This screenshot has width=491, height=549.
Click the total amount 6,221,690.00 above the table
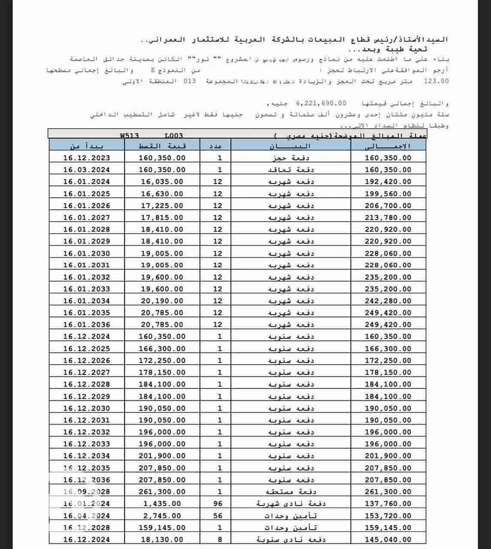pyautogui.click(x=321, y=103)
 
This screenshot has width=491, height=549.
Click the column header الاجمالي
pyautogui.click(x=388, y=146)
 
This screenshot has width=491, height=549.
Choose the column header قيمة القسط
pyautogui.click(x=162, y=146)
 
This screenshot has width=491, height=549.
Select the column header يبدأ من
pyautogui.click(x=86, y=146)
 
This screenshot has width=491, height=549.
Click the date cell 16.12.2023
pyautogui.click(x=86, y=158)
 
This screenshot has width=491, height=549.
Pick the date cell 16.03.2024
pyautogui.click(x=86, y=169)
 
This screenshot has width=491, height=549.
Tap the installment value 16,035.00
pyautogui.click(x=162, y=182)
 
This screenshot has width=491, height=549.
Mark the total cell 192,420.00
pyautogui.click(x=388, y=182)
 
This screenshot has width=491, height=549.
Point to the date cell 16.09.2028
pyautogui.click(x=86, y=492)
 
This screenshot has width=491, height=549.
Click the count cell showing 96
pyautogui.click(x=217, y=503)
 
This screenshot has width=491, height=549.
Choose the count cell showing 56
pyautogui.click(x=217, y=515)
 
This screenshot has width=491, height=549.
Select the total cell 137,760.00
pyautogui.click(x=388, y=503)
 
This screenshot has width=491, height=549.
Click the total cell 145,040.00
pyautogui.click(x=388, y=539)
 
